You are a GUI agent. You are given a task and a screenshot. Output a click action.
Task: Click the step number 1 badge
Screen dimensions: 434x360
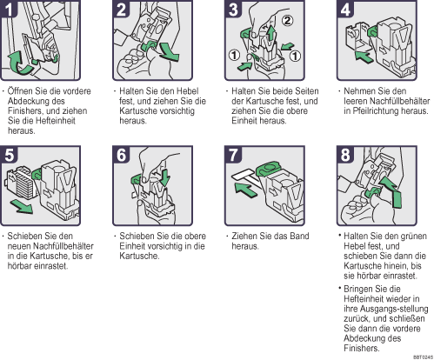tap(8, 9)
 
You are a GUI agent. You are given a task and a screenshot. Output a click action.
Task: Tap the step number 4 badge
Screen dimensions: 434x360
tap(345, 9)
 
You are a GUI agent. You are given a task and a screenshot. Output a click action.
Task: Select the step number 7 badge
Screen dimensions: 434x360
tap(233, 155)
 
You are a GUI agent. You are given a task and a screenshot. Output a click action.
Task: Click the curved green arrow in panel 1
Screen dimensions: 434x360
tap(20, 63)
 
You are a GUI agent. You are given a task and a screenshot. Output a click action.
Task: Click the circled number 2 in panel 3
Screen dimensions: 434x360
tap(287, 21)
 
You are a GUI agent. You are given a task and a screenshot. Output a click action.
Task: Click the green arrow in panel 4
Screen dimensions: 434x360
tap(364, 57)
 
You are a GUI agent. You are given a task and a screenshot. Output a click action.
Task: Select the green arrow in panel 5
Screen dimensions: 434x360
tap(22, 206)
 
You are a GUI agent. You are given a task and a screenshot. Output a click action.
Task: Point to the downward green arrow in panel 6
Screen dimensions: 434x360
tap(165, 177)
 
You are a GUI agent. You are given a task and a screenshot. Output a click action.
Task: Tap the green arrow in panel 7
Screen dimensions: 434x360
tap(245, 190)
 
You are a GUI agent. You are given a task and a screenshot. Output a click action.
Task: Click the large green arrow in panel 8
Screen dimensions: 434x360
tap(392, 191)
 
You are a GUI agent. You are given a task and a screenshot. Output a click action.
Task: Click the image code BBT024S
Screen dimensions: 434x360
tap(423, 357)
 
